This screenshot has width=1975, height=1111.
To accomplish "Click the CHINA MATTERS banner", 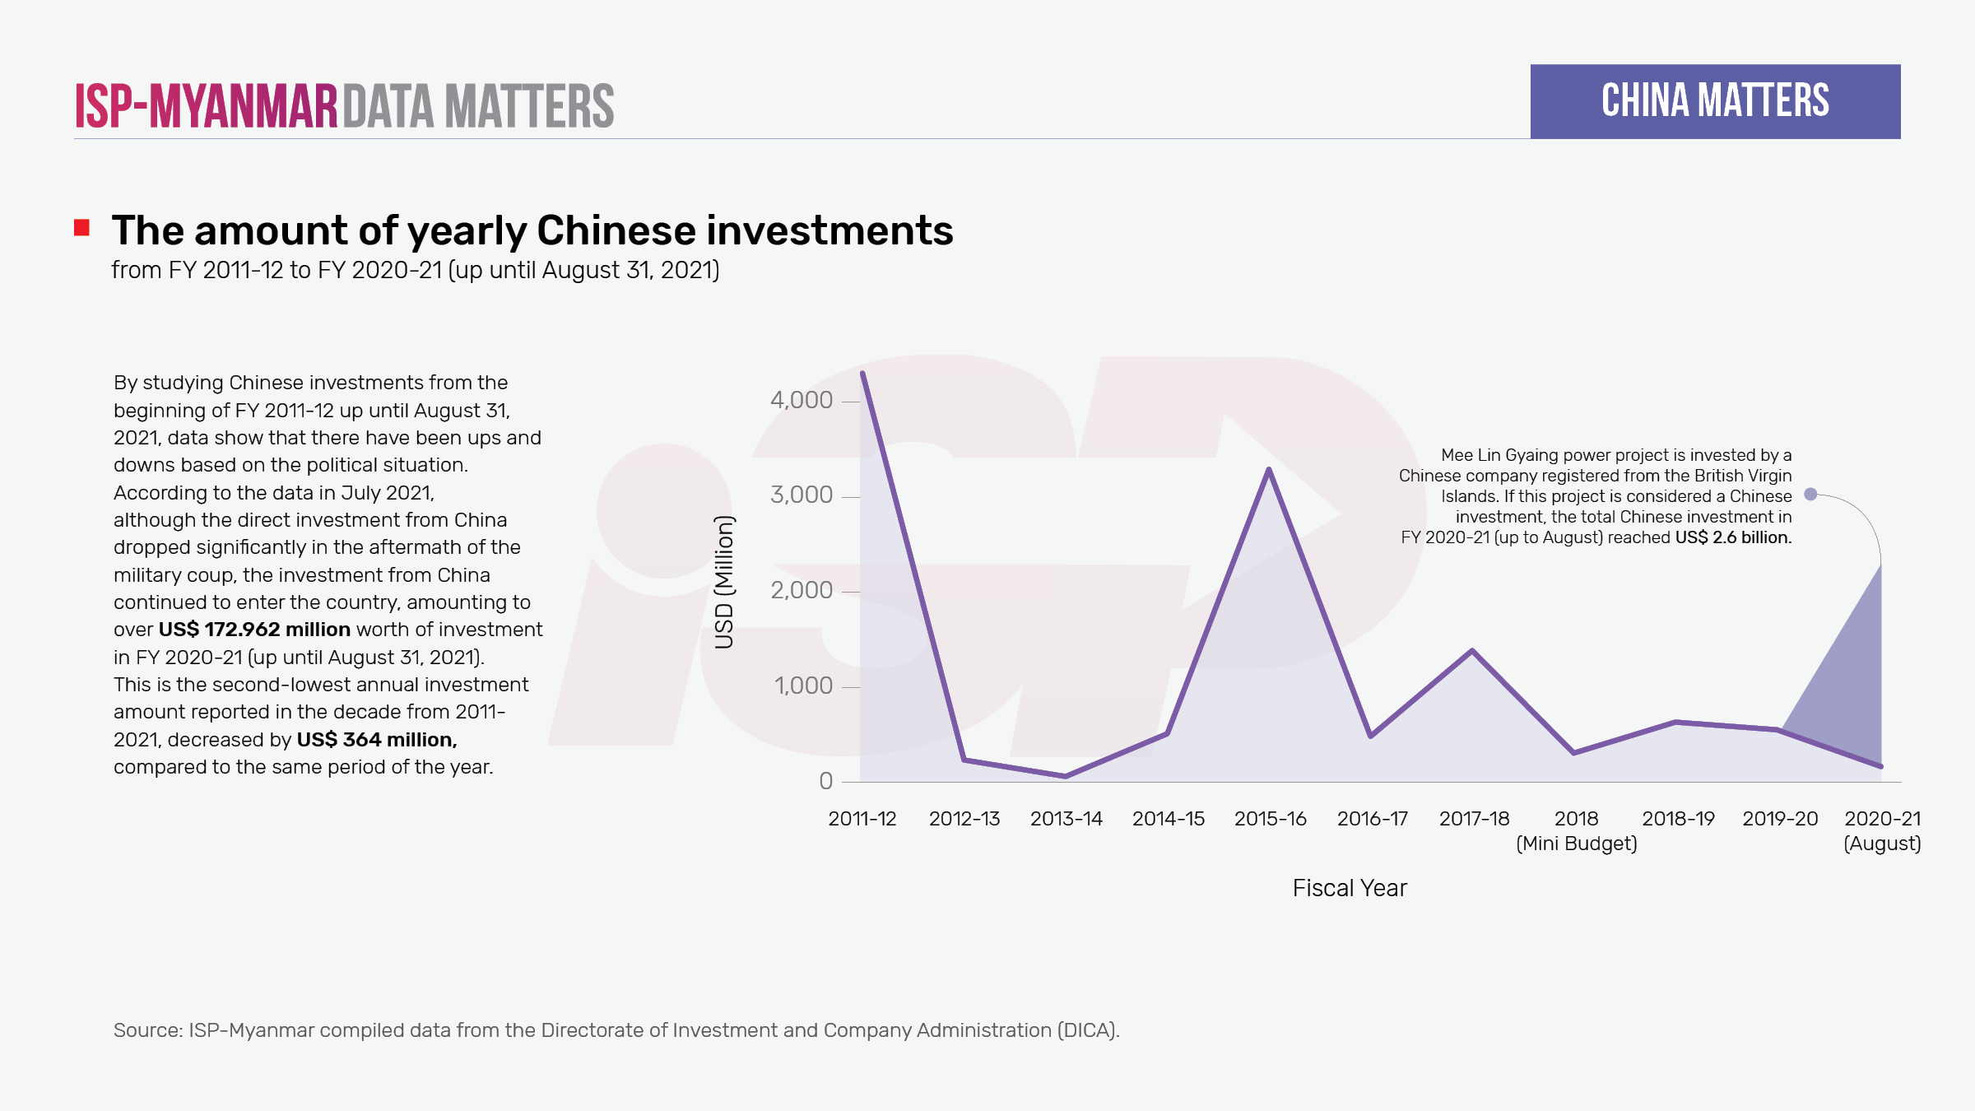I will [x=1715, y=101].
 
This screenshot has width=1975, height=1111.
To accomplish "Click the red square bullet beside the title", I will [x=81, y=228].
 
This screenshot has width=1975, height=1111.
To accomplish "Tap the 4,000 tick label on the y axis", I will [x=802, y=401].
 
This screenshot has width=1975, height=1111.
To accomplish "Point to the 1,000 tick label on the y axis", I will [x=803, y=686].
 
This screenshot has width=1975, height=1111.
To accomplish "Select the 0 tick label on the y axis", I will [x=825, y=781].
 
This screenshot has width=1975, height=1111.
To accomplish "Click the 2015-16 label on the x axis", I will [x=1270, y=819].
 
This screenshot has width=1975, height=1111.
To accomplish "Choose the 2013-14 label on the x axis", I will [x=1066, y=819].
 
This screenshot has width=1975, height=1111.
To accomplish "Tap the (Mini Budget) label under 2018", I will [x=1576, y=844].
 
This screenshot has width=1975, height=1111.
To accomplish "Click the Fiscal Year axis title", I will [x=1350, y=888].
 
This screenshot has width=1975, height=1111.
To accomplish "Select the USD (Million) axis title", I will [x=724, y=582].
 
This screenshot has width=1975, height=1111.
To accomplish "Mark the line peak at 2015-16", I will [x=1269, y=470].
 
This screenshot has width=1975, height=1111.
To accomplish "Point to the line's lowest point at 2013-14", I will [x=1066, y=776].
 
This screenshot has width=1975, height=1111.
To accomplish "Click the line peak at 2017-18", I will [x=1472, y=651].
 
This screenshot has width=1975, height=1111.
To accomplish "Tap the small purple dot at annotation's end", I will [x=1810, y=495].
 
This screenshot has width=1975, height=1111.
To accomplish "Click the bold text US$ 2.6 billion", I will [x=1733, y=537].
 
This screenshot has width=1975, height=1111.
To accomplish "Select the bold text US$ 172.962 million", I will [x=254, y=630].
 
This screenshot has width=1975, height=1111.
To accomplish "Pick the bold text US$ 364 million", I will [x=376, y=740].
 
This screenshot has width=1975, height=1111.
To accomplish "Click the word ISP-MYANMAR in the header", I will [x=207, y=106].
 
